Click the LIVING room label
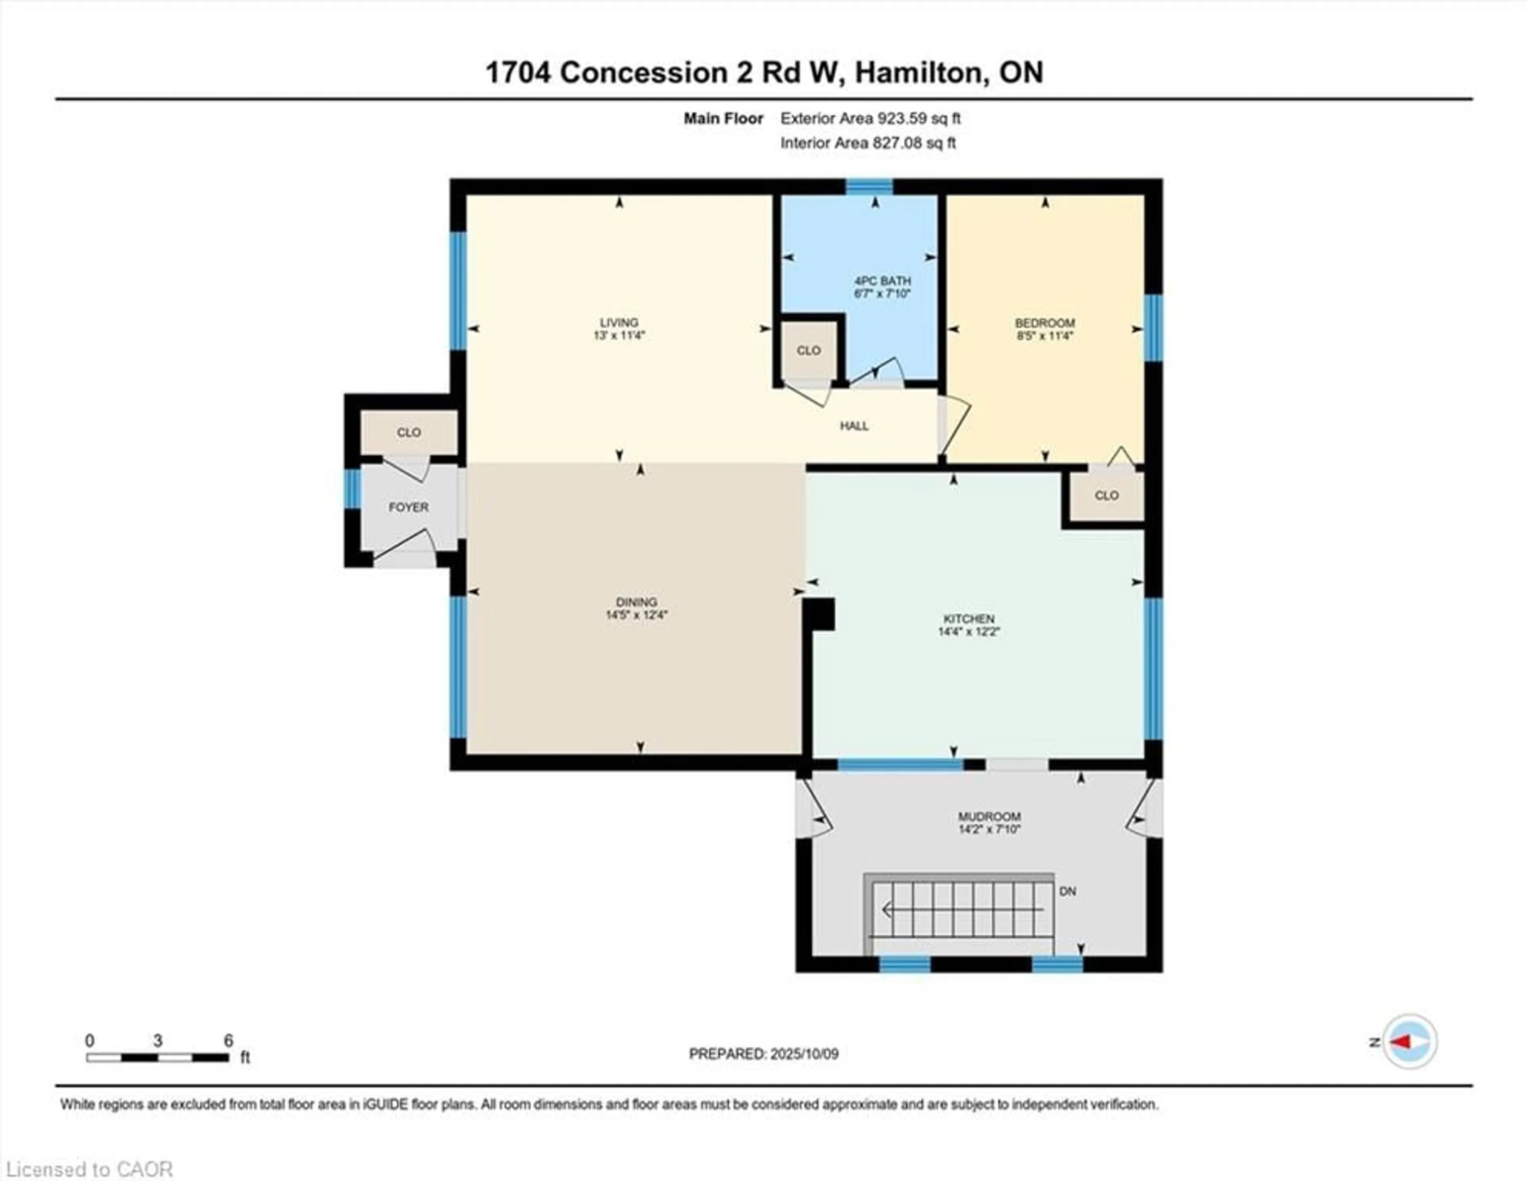[x=619, y=322]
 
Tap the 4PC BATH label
[x=882, y=281]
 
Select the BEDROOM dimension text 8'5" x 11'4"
[x=1045, y=336]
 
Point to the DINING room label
[x=636, y=602]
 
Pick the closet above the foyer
[x=409, y=433]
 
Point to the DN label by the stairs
[x=1068, y=892]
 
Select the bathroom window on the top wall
[x=870, y=187]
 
